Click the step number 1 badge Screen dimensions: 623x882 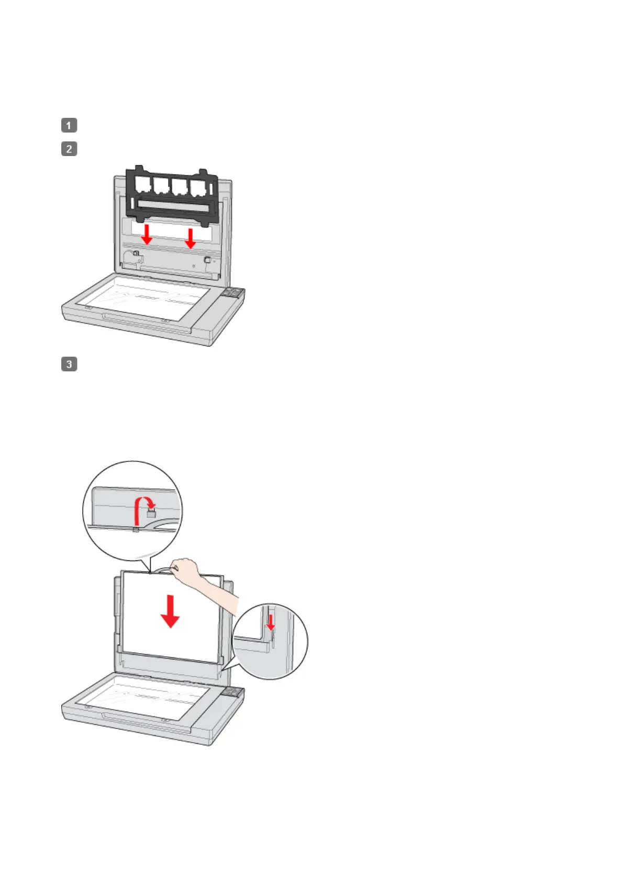(x=69, y=125)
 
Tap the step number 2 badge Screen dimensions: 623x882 (x=69, y=149)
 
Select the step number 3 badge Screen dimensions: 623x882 (x=69, y=364)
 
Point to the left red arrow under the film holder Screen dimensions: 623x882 (x=147, y=234)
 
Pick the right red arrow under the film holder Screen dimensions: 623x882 (x=191, y=237)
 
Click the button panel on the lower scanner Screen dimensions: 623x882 (x=232, y=693)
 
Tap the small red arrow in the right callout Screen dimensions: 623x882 (x=270, y=622)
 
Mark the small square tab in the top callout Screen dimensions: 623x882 (x=152, y=513)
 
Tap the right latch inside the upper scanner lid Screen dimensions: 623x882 (x=207, y=259)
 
